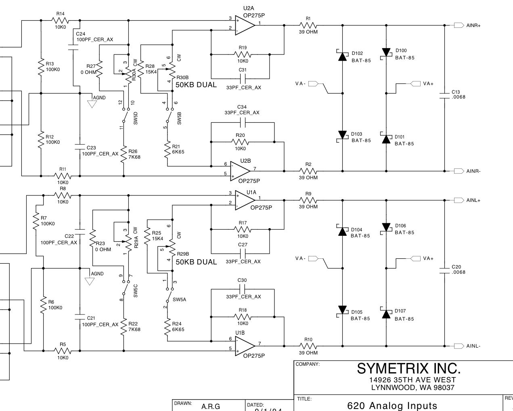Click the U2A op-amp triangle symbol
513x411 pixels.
tap(245, 25)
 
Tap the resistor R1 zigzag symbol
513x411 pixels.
tap(308, 25)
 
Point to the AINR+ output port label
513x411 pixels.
tap(473, 25)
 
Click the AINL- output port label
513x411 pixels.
tap(473, 346)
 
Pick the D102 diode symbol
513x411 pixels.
tap(343, 56)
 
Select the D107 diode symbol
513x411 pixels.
tap(386, 314)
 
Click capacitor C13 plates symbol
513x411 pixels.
tap(444, 94)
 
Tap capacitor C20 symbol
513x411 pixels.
tap(444, 269)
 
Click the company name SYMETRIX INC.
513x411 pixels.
tap(408, 368)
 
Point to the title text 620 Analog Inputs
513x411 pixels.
tap(392, 405)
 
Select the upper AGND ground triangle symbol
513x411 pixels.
tap(92, 104)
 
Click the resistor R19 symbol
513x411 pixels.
tap(242, 54)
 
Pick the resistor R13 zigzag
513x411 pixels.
tap(41, 67)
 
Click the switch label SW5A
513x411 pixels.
tap(179, 300)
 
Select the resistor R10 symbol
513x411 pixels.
tap(308, 346)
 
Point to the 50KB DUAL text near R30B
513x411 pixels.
tap(196, 85)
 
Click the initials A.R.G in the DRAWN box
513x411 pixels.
tap(211, 407)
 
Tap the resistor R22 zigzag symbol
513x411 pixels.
tap(124, 329)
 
